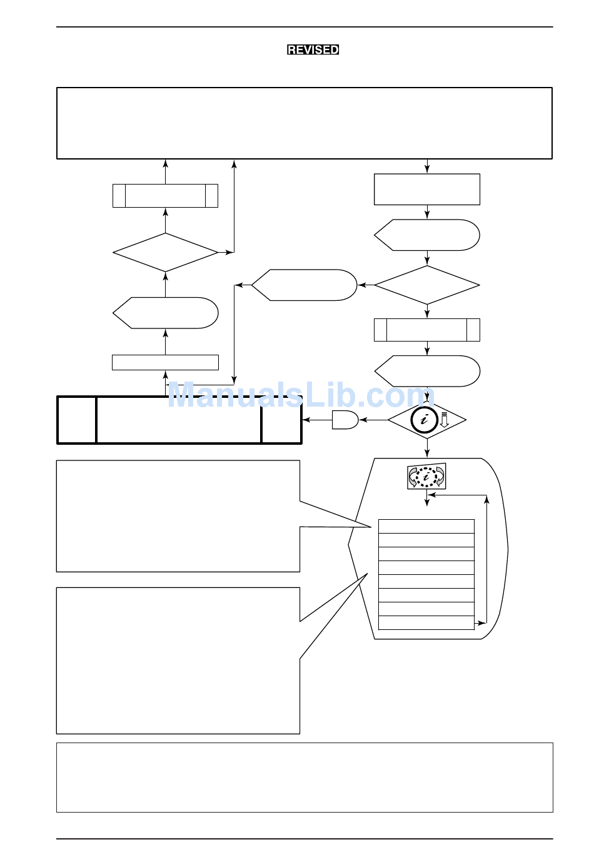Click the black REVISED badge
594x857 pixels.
pos(313,50)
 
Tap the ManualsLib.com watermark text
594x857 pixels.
pos(301,395)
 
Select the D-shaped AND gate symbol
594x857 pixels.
pos(345,420)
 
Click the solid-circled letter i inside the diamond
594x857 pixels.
pos(424,420)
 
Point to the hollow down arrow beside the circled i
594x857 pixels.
pos(444,420)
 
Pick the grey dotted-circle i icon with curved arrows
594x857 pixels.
pos(426,476)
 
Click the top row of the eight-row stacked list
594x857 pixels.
pos(426,526)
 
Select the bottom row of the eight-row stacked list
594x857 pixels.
pos(426,622)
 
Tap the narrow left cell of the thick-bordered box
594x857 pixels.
pos(76,420)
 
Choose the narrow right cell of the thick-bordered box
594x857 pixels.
pos(281,420)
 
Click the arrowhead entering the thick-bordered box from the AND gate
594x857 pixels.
pos(306,420)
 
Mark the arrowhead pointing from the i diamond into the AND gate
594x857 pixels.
pos(363,420)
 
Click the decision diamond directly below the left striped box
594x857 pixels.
pos(165,253)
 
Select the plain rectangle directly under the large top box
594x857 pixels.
pos(427,190)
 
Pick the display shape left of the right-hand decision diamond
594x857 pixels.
pos(304,285)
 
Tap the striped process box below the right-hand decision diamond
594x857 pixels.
pos(427,330)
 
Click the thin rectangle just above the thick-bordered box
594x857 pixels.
pos(165,362)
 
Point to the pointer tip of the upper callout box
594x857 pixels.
pos(371,527)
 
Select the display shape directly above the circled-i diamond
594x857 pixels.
pos(427,371)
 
